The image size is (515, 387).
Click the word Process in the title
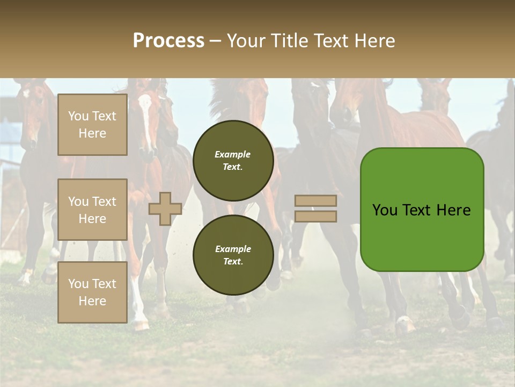pyautogui.click(x=168, y=41)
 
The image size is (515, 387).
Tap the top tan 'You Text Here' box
pyautogui.click(x=92, y=125)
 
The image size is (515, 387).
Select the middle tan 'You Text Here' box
pyautogui.click(x=92, y=210)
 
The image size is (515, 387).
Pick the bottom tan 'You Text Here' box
pyautogui.click(x=92, y=292)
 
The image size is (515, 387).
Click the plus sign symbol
pyautogui.click(x=165, y=209)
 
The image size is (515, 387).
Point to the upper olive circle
pyautogui.click(x=233, y=160)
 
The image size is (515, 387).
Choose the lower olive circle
pyautogui.click(x=233, y=255)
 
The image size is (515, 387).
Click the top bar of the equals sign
pyautogui.click(x=316, y=201)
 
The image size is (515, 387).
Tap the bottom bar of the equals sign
pyautogui.click(x=316, y=216)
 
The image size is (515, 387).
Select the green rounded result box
pyautogui.click(x=422, y=210)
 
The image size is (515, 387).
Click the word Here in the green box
pyautogui.click(x=453, y=210)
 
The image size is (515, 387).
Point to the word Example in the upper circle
pyautogui.click(x=232, y=154)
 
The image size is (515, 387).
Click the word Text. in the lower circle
pyautogui.click(x=232, y=262)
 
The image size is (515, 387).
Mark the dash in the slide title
pyautogui.click(x=215, y=41)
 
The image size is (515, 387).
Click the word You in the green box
pyautogui.click(x=385, y=210)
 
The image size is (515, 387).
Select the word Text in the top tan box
pyautogui.click(x=104, y=116)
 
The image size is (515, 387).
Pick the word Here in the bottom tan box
pyautogui.click(x=92, y=301)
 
